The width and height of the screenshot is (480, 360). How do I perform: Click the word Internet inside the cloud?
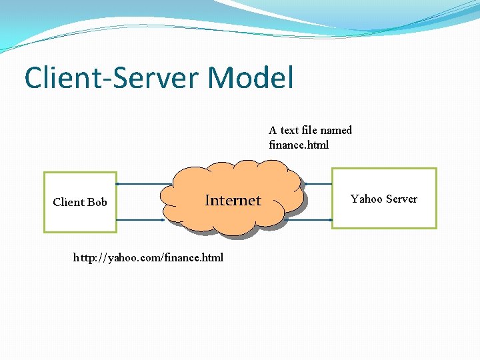233,200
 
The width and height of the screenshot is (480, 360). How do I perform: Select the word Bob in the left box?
97,202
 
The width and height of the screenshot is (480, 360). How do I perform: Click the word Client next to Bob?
69,202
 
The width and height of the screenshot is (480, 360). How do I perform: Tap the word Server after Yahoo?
401,199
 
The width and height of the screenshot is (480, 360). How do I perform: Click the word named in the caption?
336,130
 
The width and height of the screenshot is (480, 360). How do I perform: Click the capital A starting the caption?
273,130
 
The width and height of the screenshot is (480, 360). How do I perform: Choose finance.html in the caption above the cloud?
299,145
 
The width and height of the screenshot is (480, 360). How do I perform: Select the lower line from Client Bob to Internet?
139,219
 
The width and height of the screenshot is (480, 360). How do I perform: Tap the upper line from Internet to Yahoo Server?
319,183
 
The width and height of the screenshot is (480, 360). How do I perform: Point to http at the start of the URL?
83,257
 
